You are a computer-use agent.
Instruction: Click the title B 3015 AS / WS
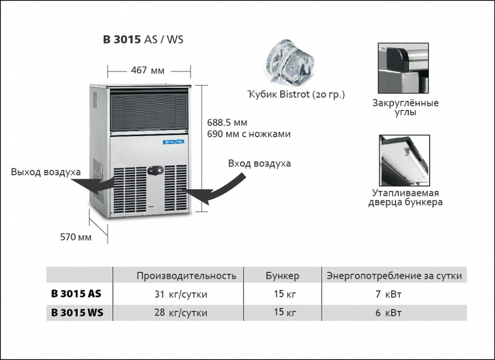(143, 40)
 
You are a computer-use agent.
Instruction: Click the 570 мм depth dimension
(76, 237)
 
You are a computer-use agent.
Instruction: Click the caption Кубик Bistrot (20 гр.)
(296, 94)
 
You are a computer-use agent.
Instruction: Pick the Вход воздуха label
(259, 163)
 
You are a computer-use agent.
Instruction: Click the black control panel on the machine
(156, 170)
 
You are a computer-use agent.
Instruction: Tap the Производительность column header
(187, 276)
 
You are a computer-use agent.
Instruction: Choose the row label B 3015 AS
(76, 294)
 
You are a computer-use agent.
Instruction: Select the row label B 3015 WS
(77, 313)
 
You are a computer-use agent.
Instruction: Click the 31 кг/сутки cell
(181, 295)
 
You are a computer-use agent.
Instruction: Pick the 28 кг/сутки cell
(181, 313)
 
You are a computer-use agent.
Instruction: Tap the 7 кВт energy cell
(389, 295)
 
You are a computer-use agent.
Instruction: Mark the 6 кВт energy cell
(389, 313)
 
